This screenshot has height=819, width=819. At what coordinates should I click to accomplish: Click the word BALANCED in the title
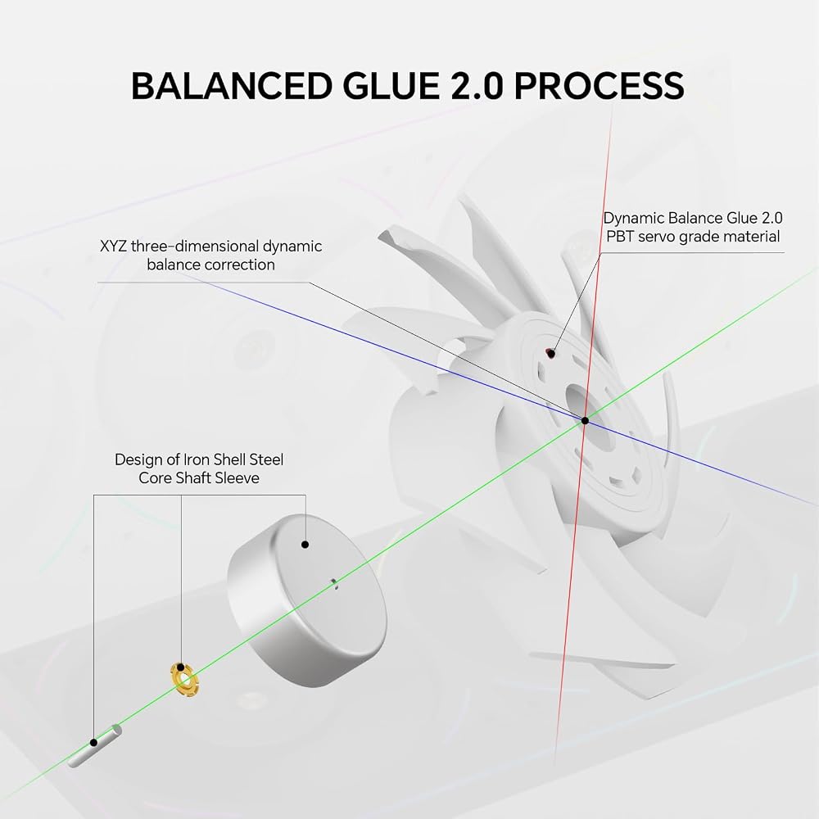(232, 86)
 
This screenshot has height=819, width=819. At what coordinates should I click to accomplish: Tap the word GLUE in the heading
(391, 86)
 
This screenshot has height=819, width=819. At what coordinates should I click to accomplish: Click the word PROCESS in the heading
(600, 86)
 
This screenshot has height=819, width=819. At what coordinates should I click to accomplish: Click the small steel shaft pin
(95, 745)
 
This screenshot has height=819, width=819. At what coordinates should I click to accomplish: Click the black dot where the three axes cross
(585, 420)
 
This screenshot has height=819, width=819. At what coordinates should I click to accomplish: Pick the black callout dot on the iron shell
(305, 545)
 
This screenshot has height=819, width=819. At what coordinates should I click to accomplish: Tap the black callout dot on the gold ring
(180, 667)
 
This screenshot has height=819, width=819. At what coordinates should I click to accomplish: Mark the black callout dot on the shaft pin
(93, 742)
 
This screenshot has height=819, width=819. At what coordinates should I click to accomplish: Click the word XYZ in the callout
(113, 246)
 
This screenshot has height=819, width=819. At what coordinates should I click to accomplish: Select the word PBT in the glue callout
(620, 237)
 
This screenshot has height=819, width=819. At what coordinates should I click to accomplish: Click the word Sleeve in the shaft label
(238, 478)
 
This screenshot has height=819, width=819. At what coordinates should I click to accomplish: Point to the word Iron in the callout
(194, 459)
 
